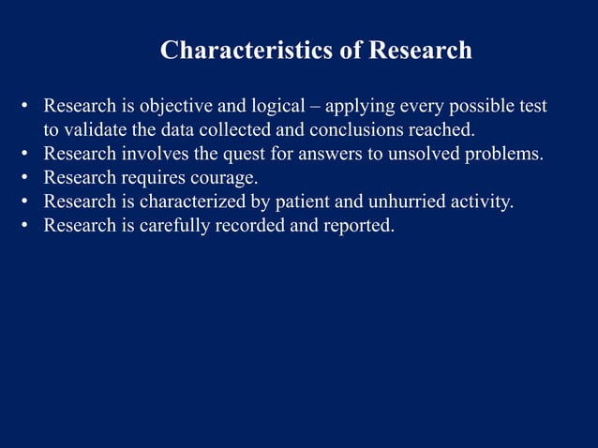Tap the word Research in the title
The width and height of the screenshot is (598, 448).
click(420, 50)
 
